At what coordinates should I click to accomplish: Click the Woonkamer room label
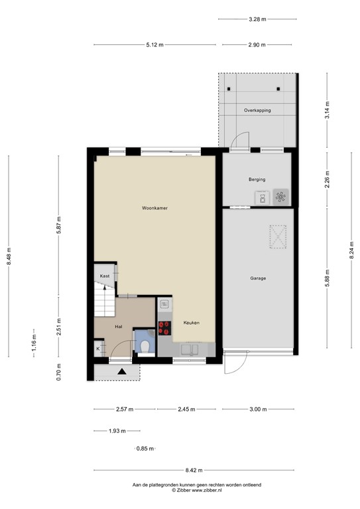(x=154, y=208)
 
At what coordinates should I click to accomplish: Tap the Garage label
(x=258, y=278)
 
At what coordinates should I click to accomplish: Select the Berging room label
(x=257, y=180)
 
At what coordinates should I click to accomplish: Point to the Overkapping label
(x=257, y=110)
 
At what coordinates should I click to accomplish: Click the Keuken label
(x=191, y=323)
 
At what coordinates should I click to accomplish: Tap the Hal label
(x=119, y=327)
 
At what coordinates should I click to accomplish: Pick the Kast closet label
(x=104, y=276)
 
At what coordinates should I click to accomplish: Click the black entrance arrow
(x=122, y=372)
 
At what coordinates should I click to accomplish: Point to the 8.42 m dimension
(x=194, y=471)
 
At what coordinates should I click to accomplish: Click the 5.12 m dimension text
(x=155, y=44)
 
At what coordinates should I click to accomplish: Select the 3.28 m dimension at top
(x=257, y=19)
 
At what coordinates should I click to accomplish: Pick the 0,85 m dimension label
(x=145, y=449)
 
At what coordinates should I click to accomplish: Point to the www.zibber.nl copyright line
(x=197, y=490)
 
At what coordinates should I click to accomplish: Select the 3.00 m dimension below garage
(x=258, y=410)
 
